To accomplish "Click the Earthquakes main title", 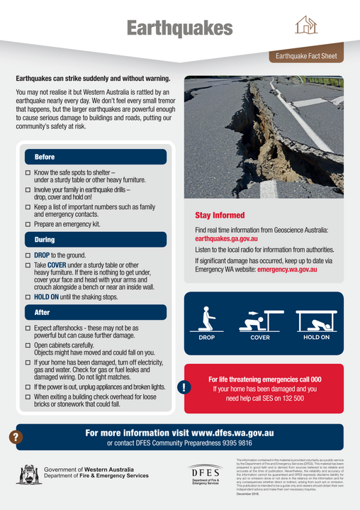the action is [x=180, y=28].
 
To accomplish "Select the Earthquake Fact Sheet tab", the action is [x=307, y=55].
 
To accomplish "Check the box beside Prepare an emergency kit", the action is [x=28, y=224].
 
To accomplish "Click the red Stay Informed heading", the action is [x=220, y=215].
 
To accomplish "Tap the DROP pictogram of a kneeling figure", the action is [x=207, y=320].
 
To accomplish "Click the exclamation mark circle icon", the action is [x=184, y=387].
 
